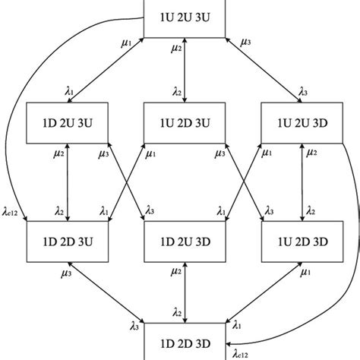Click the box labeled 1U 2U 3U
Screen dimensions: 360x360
[x=185, y=17]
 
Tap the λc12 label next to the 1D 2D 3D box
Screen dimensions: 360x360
[x=241, y=352]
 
